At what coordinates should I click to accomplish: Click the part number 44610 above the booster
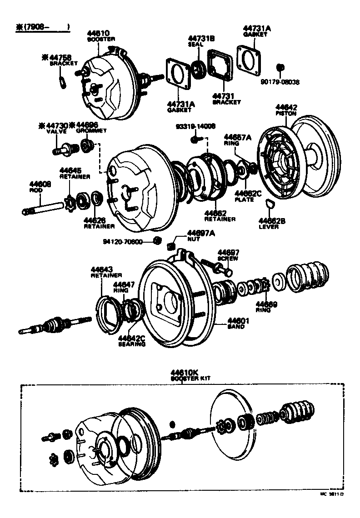coord(98,33)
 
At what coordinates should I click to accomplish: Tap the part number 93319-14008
coord(196,127)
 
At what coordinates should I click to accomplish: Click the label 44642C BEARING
coord(132,341)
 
